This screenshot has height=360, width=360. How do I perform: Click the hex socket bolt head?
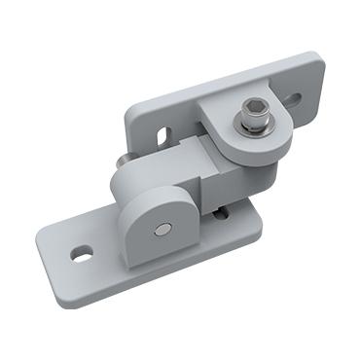coord(254,115)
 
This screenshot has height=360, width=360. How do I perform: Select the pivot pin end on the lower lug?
coord(163,230)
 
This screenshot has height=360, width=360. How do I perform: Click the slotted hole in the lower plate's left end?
coord(82,255)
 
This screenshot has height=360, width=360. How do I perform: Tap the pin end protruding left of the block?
coord(120,160)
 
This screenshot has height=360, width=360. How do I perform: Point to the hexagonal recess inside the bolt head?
coord(256,112)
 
